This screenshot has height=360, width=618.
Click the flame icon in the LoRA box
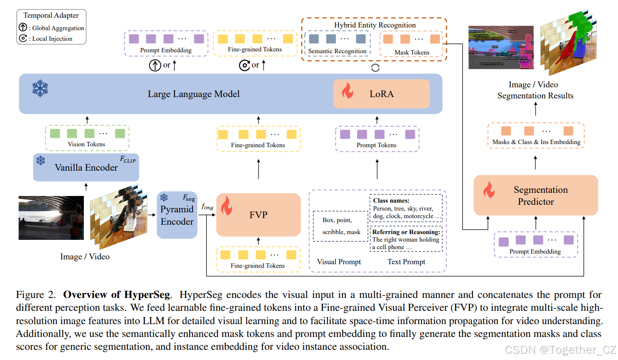pyautogui.click(x=347, y=93)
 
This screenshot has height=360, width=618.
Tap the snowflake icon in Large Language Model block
pyautogui.click(x=40, y=89)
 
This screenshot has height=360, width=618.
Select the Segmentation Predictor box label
pyautogui.click(x=540, y=196)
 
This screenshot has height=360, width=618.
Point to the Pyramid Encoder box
pyautogui.click(x=177, y=215)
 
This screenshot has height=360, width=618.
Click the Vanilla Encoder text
pyautogui.click(x=86, y=168)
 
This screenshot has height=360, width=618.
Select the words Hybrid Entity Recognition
pyautogui.click(x=375, y=25)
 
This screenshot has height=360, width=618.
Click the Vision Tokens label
pyautogui.click(x=87, y=144)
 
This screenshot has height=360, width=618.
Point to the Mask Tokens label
pyautogui.click(x=412, y=52)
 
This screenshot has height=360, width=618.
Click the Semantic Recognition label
pyautogui.click(x=337, y=51)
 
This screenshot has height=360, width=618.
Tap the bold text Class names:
pyautogui.click(x=391, y=200)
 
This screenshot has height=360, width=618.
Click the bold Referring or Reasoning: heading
pyautogui.click(x=406, y=232)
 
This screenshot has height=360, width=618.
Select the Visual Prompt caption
pyautogui.click(x=339, y=262)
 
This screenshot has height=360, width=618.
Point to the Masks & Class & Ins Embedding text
pyautogui.click(x=536, y=142)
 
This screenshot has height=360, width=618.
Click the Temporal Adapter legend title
pyautogui.click(x=51, y=16)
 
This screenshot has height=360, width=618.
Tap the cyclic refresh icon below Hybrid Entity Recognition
pyautogui.click(x=375, y=68)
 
